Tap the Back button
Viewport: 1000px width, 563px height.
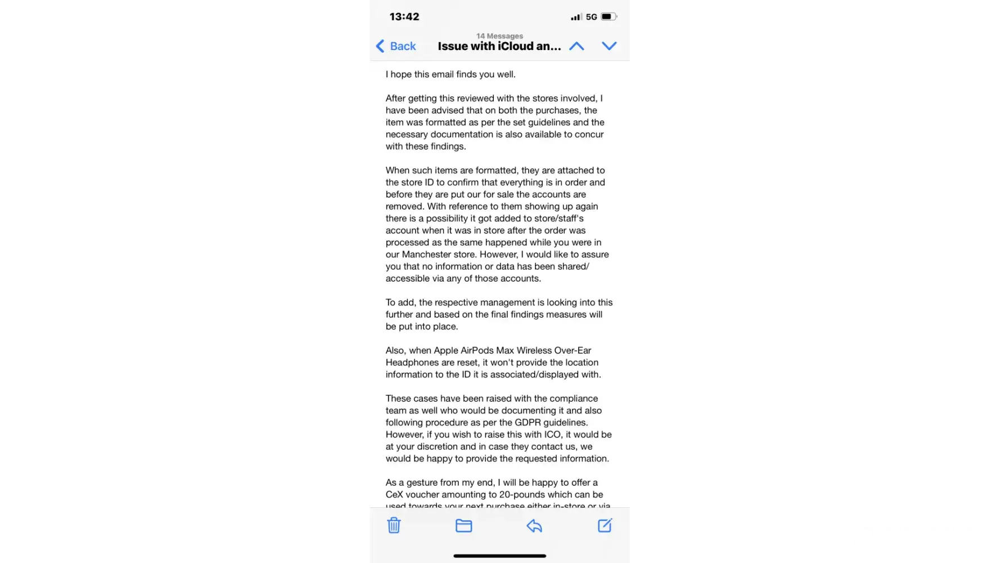coord(397,46)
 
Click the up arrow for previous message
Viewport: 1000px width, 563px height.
coord(576,46)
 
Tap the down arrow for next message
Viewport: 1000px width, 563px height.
coord(609,46)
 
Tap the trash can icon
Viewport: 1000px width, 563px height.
coord(394,525)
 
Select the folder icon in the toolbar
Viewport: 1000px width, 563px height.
coord(463,525)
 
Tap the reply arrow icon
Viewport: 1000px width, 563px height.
coord(534,526)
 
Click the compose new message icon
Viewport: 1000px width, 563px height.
coord(605,525)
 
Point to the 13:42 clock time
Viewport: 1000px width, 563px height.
coord(404,17)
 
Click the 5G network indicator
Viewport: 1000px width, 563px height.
coord(591,17)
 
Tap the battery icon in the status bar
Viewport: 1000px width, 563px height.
coord(609,17)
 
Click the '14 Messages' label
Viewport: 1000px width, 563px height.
coord(499,36)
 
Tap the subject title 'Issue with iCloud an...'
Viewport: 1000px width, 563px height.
coord(499,46)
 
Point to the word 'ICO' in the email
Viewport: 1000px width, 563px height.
coord(552,435)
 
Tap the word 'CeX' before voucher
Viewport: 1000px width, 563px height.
coord(394,494)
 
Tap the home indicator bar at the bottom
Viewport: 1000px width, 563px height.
coord(499,556)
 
